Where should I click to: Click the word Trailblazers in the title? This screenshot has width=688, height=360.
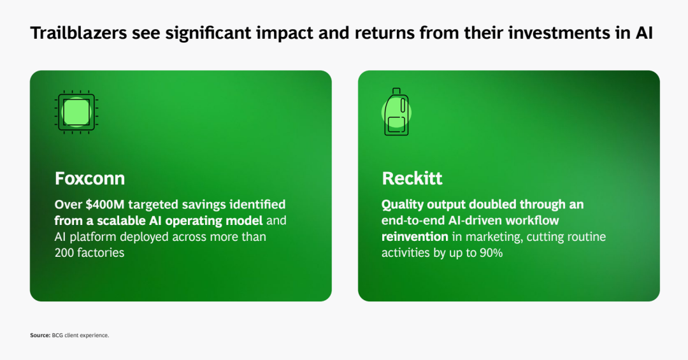(x=78, y=33)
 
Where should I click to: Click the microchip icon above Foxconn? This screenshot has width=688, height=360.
(x=76, y=112)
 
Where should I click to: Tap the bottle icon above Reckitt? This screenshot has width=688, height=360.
(x=397, y=112)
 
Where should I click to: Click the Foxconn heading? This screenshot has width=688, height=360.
(x=90, y=178)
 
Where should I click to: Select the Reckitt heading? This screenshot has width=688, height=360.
(x=412, y=178)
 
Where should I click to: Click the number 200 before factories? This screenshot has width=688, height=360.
(x=64, y=252)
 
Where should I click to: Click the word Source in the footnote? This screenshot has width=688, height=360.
(x=40, y=335)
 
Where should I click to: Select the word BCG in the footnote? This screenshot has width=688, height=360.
(x=57, y=335)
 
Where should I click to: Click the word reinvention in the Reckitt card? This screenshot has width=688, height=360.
(x=415, y=236)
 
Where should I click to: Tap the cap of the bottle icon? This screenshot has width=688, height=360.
(x=396, y=91)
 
